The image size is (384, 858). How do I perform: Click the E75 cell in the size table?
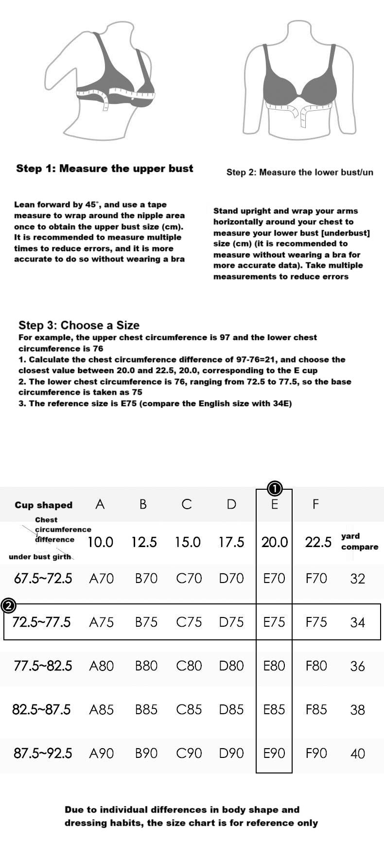pos(274,622)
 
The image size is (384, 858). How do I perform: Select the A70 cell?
pos(102,578)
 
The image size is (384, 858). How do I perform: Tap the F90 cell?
pos(316,753)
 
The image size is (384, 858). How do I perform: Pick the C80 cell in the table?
pos(189,666)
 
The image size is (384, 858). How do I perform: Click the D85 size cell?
pos(231,709)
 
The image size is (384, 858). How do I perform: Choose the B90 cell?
pos(146,753)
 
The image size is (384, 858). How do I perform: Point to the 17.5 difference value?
pos(231,542)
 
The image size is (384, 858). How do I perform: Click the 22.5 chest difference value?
pos(318,542)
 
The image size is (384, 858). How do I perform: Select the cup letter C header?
pos(187,504)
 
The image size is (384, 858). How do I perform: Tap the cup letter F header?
pos(316,504)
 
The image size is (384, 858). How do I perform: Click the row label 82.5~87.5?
pos(41,709)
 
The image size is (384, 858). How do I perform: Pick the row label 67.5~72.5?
pos(43,578)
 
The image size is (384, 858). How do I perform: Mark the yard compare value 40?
pos(358,754)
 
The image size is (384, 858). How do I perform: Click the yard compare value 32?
pos(358,579)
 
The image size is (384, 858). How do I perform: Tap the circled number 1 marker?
pos(275,487)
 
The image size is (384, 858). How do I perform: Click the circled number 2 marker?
pos(9,606)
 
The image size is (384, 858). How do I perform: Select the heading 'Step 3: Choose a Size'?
pos(79,326)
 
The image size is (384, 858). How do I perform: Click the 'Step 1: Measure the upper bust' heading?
pos(105,169)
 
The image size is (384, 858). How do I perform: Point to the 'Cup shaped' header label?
pos(43,505)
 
